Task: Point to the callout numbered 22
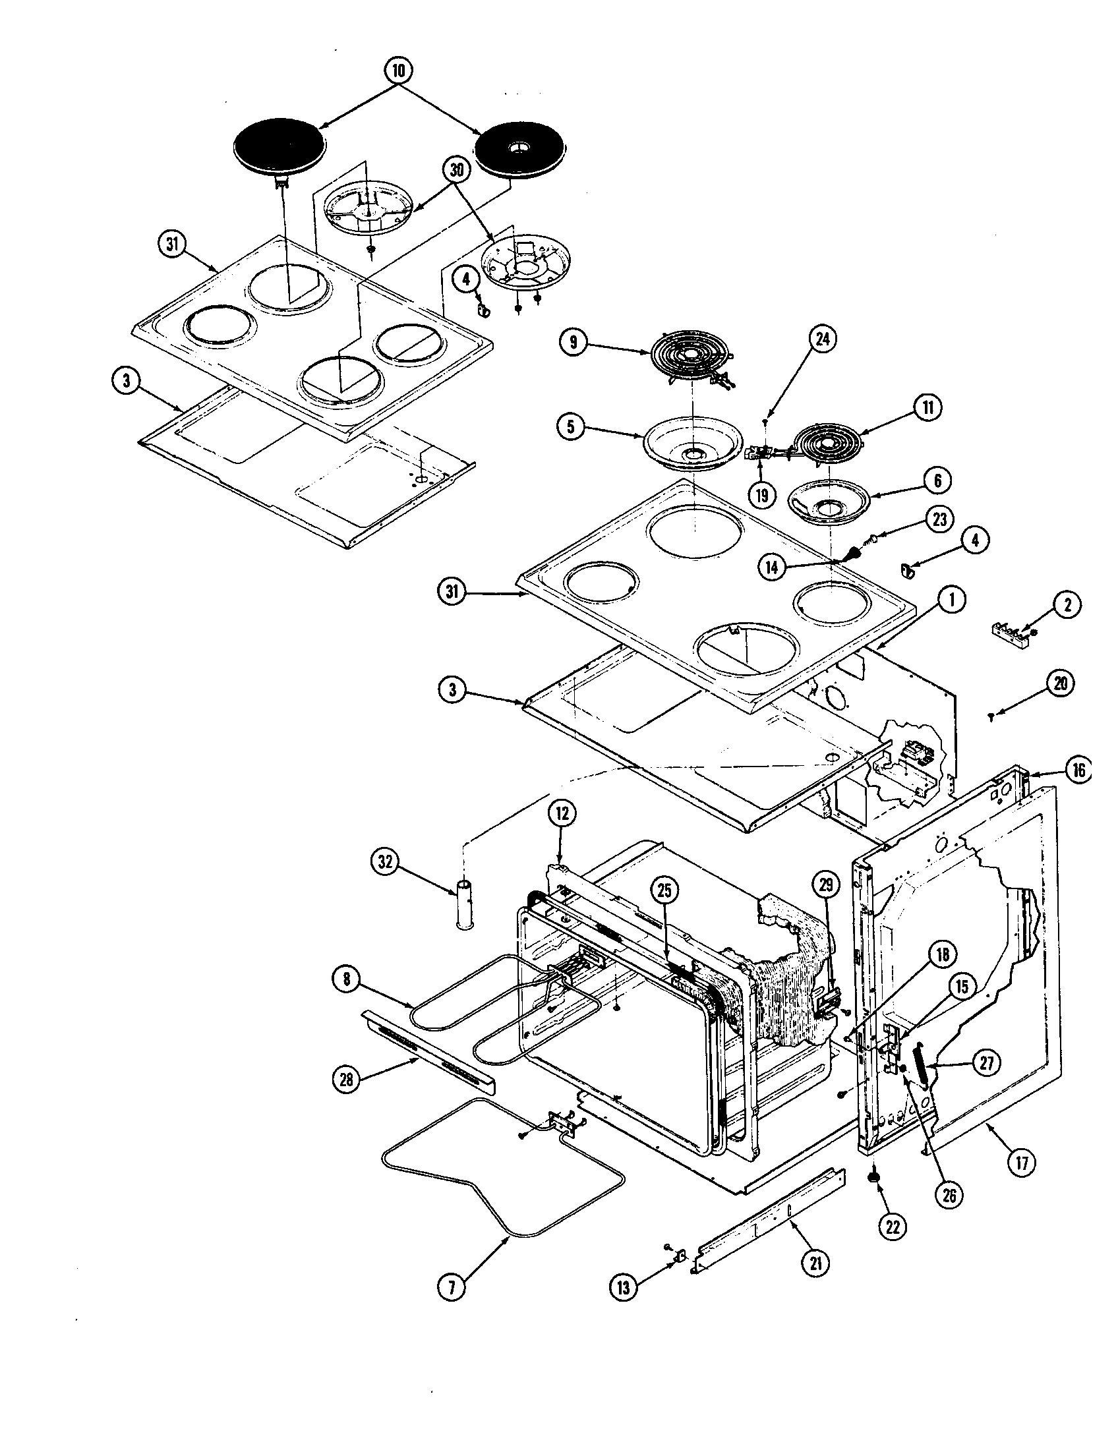(893, 1228)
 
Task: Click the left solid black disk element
(279, 150)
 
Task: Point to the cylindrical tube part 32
(463, 906)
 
